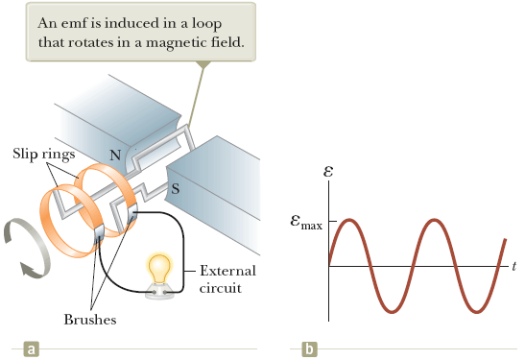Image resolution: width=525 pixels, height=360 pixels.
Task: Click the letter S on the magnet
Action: (x=176, y=189)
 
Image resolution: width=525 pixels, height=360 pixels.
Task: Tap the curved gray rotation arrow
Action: (x=21, y=249)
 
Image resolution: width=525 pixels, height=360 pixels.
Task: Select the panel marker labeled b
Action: (x=309, y=348)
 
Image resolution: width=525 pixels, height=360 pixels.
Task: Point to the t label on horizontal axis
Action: (x=513, y=264)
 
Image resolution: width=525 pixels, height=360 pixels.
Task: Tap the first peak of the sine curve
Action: (x=349, y=221)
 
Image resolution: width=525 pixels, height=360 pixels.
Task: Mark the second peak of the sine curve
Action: (x=437, y=221)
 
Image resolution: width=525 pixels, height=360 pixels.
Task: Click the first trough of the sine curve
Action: (x=393, y=311)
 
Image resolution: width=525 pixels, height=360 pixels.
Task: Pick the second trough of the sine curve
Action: (x=480, y=311)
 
